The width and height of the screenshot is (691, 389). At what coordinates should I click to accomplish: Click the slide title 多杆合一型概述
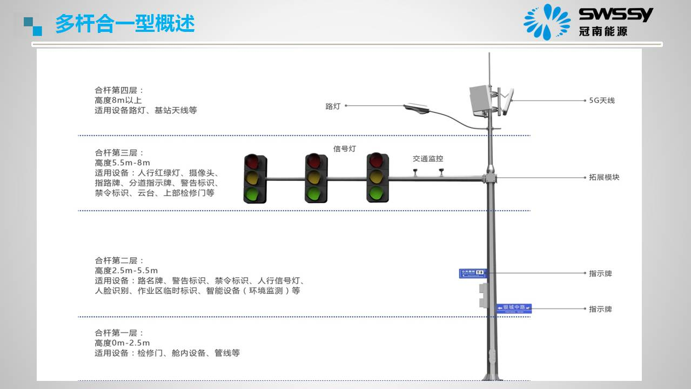[125, 24]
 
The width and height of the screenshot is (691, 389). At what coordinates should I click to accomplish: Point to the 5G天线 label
[601, 100]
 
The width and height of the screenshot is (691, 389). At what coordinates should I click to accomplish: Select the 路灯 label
[333, 106]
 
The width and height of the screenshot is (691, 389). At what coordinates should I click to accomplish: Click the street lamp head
[416, 109]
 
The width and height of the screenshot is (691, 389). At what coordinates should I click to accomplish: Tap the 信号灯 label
[345, 149]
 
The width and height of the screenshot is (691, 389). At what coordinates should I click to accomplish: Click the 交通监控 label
[428, 159]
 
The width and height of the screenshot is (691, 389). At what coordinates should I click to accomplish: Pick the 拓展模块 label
[604, 177]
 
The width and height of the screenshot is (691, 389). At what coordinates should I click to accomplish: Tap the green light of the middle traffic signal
[316, 193]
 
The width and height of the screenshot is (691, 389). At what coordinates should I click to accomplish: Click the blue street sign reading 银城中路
[514, 308]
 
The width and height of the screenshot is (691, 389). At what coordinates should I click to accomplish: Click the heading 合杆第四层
[119, 90]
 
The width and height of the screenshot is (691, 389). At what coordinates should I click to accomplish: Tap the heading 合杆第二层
[119, 260]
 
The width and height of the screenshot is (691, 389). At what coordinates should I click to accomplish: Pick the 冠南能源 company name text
[603, 31]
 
